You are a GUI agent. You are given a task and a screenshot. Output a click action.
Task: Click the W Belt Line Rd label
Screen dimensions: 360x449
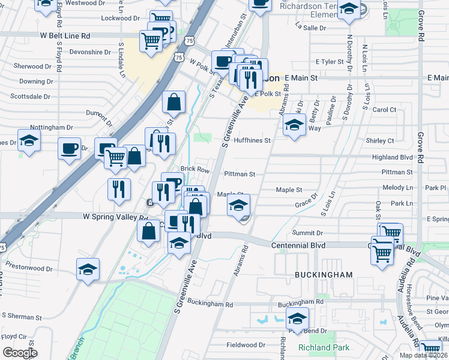(x=65, y=36)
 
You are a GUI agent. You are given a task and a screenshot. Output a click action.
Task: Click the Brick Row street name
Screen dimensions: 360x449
(x=195, y=170)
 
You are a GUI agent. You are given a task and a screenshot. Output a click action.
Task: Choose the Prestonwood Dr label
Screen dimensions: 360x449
(x=29, y=263)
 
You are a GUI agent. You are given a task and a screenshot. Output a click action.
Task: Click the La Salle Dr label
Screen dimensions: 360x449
(x=311, y=28)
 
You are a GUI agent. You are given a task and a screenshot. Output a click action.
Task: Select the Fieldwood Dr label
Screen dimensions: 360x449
(x=246, y=345)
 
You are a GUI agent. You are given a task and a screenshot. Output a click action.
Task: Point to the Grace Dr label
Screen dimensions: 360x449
(x=306, y=204)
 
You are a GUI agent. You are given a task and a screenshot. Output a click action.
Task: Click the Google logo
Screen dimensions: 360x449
(x=20, y=352)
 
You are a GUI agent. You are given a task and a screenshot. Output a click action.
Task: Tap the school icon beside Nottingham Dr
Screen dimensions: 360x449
(x=29, y=140)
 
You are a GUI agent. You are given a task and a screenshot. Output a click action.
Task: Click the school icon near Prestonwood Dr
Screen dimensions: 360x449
(x=88, y=269)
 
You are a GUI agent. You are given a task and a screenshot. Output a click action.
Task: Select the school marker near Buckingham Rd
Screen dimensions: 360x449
(x=297, y=318)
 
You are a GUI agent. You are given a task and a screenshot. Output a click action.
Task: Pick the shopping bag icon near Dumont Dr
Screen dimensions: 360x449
(x=173, y=103)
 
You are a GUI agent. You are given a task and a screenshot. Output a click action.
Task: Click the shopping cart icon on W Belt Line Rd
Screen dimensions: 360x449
(x=151, y=41)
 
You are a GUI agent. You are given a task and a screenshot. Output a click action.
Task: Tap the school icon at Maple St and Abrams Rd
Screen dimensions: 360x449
(x=238, y=206)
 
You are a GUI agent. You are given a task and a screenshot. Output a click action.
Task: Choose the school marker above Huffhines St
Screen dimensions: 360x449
(x=294, y=126)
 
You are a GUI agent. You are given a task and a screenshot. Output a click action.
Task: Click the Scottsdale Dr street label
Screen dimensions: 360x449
(x=30, y=96)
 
